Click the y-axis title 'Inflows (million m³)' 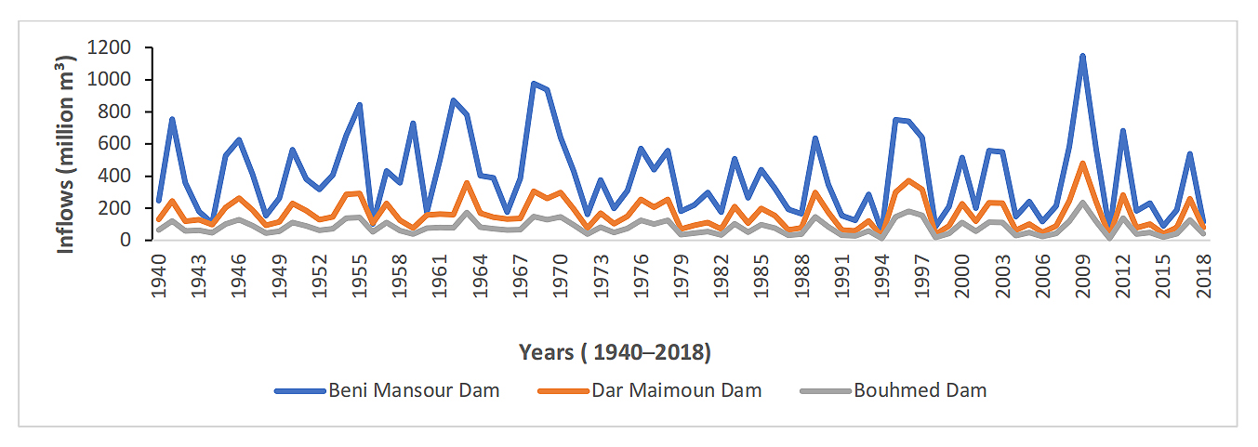tap(68, 144)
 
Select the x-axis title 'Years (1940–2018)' tap(614, 352)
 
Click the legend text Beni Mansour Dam tap(414, 390)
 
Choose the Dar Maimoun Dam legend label tap(676, 390)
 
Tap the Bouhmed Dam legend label tap(919, 390)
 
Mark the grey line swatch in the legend tap(824, 390)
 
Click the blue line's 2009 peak tap(1083, 56)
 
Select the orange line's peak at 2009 tap(1083, 164)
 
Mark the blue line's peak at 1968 tap(534, 84)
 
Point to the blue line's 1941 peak tap(172, 119)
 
